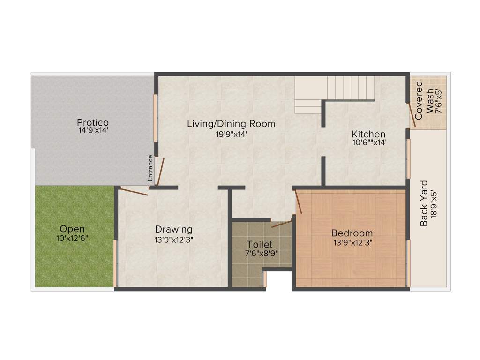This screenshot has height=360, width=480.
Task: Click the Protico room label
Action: click(93, 123)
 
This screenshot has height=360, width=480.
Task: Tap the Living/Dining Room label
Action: click(231, 124)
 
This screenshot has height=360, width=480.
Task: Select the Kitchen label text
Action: click(369, 135)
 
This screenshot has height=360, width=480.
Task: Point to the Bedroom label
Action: click(352, 233)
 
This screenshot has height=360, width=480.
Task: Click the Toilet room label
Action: click(260, 245)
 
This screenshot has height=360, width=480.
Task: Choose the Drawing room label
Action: click(174, 230)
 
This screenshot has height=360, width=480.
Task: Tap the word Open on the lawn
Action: click(72, 229)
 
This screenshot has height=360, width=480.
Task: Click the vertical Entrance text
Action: click(150, 168)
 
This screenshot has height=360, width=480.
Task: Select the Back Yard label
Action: click(424, 203)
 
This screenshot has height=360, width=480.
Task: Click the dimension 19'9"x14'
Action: click(231, 134)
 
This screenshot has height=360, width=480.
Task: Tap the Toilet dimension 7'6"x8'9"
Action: click(260, 254)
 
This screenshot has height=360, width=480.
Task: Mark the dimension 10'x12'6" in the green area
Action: click(72, 238)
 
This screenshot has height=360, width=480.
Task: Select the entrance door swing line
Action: click(160, 172)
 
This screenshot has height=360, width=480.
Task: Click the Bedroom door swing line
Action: click(298, 202)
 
